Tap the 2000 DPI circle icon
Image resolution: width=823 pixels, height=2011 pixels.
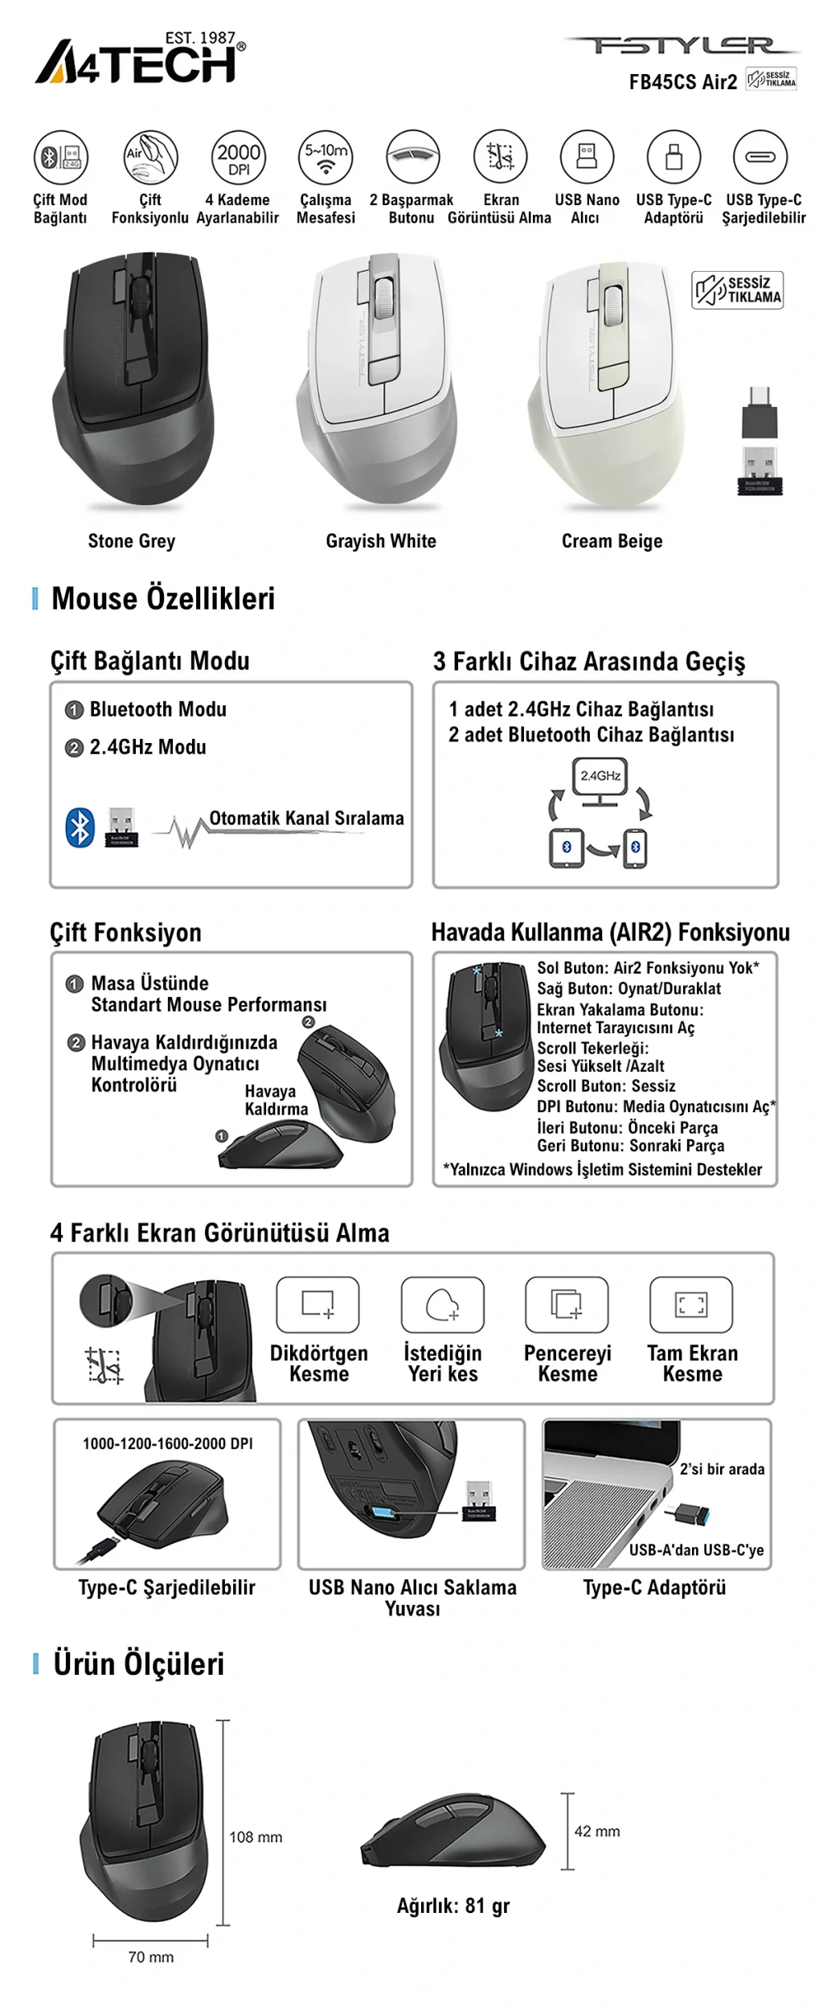coord(239,158)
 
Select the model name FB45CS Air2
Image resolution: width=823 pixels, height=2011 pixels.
coord(682,82)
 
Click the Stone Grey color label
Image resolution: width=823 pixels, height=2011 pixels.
coord(131,541)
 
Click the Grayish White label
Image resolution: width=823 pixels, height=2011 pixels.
coord(380,541)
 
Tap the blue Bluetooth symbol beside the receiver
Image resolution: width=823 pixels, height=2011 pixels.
coord(80,827)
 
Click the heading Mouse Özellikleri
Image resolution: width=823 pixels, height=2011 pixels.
coord(162,599)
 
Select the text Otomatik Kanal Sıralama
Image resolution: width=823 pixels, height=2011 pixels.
coord(306,819)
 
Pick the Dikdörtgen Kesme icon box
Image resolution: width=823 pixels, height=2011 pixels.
coord(317,1304)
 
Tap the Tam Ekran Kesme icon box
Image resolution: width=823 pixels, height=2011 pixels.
coord(691,1304)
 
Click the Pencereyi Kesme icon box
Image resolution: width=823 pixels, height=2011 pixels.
coord(567,1304)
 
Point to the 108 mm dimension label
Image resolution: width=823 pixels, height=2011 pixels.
coord(256,1837)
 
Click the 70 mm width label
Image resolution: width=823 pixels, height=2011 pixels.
coord(151,1957)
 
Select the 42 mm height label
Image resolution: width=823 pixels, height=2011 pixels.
coord(597,1832)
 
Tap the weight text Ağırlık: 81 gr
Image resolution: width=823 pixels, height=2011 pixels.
coord(453,1906)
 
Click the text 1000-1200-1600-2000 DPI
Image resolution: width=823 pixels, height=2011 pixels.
coord(167,1444)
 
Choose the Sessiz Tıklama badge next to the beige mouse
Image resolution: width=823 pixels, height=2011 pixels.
coord(737,290)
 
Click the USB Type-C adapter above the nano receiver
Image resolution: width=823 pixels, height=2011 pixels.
coord(760,412)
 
